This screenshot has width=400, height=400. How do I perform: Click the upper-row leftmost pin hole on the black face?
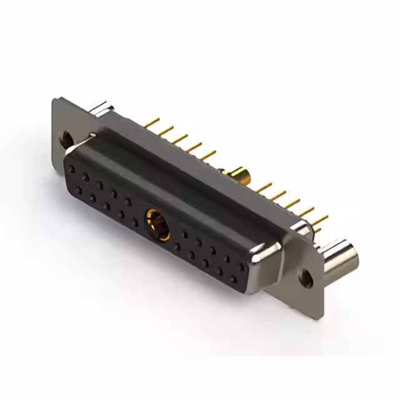click(73, 168)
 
